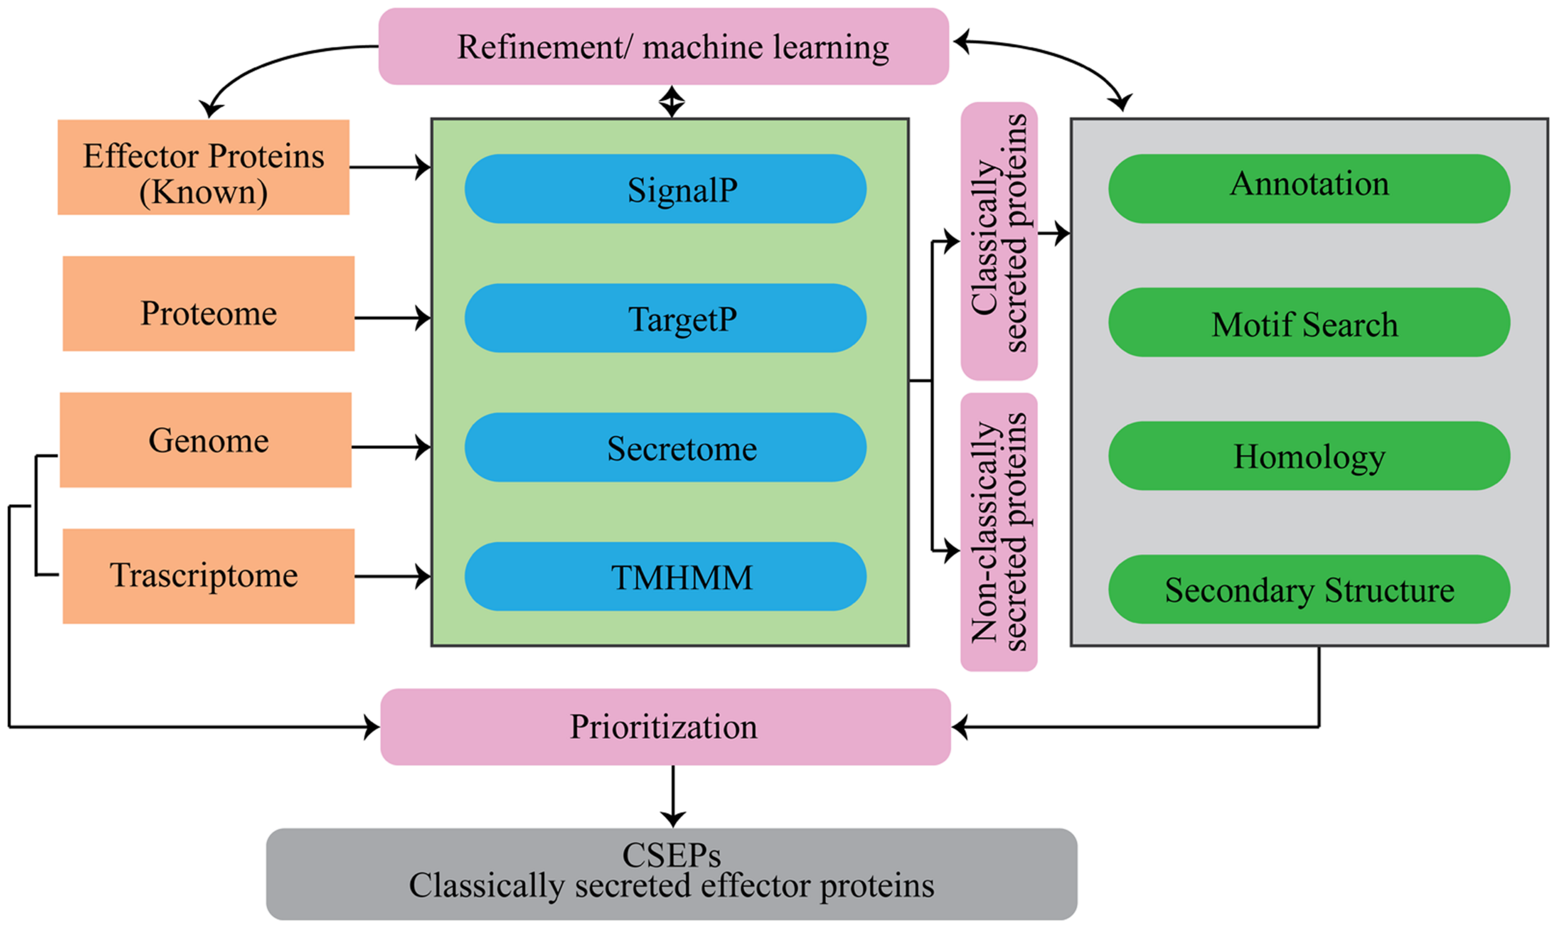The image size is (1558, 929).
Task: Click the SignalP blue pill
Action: [x=666, y=189]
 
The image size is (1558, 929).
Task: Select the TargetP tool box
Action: [x=666, y=318]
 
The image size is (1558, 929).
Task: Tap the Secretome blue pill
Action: [x=666, y=447]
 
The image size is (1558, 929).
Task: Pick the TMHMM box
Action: [x=666, y=577]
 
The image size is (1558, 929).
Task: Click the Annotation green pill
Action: [x=1309, y=189]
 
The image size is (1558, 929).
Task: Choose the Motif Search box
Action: [x=1309, y=323]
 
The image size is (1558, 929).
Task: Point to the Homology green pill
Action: [x=1309, y=456]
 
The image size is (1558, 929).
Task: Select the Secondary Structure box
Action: [x=1309, y=589]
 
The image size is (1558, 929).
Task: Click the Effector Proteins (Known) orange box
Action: [x=204, y=167]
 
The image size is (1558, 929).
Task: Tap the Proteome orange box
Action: [x=209, y=304]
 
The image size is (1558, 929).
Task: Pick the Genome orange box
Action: [x=206, y=440]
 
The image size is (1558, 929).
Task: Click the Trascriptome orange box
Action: [x=209, y=576]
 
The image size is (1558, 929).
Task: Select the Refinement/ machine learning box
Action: [x=664, y=46]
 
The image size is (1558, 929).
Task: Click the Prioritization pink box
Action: [x=666, y=727]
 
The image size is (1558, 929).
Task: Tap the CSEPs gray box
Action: [x=672, y=874]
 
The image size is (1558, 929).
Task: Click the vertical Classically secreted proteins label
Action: [x=998, y=241]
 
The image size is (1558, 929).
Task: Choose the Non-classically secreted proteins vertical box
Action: [x=998, y=532]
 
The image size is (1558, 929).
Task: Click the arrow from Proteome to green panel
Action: [x=392, y=318]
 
